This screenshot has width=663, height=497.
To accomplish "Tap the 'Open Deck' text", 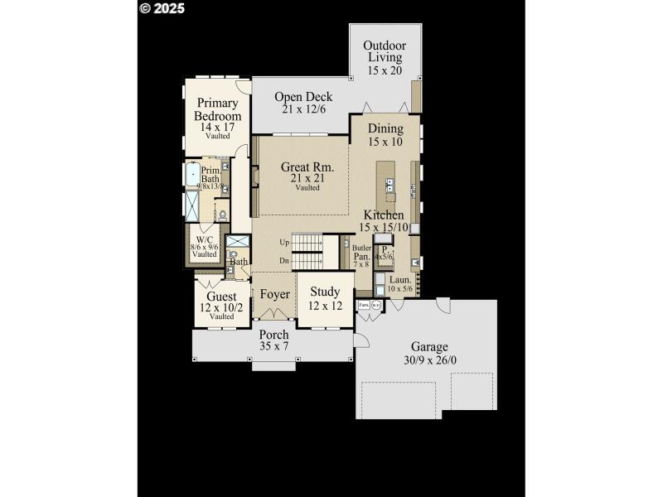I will click(303, 97).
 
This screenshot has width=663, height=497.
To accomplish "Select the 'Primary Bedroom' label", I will click(218, 109).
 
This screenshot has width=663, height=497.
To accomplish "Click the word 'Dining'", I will click(385, 128).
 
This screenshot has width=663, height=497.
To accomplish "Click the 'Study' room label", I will click(325, 292).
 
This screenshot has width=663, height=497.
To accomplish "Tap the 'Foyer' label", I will click(274, 295).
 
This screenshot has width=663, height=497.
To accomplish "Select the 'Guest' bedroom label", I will click(221, 296).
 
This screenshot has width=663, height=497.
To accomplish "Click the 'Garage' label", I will click(429, 346).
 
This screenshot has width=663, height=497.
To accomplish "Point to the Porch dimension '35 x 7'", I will click(273, 346).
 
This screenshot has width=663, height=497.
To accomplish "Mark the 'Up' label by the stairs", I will click(284, 243).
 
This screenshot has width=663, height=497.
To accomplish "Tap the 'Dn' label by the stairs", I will click(284, 261).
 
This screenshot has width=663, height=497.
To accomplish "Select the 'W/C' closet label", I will click(204, 239).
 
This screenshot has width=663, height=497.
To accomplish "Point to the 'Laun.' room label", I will click(399, 280).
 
